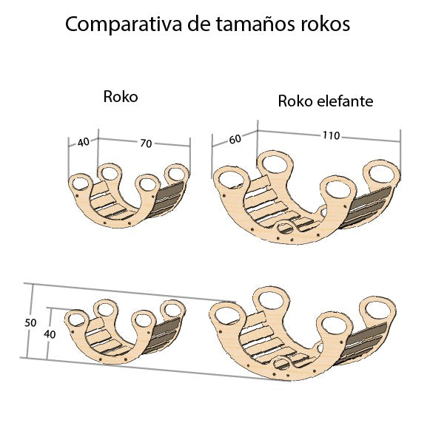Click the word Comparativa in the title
point(117,24)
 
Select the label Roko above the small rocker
point(121,97)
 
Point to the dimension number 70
point(145,143)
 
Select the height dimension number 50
point(30,323)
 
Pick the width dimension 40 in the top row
point(83,141)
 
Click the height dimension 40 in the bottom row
point(50,334)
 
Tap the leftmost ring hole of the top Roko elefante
point(230,177)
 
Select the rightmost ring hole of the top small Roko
point(176,173)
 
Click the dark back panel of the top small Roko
point(169,198)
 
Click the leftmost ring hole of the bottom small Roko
point(75,319)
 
